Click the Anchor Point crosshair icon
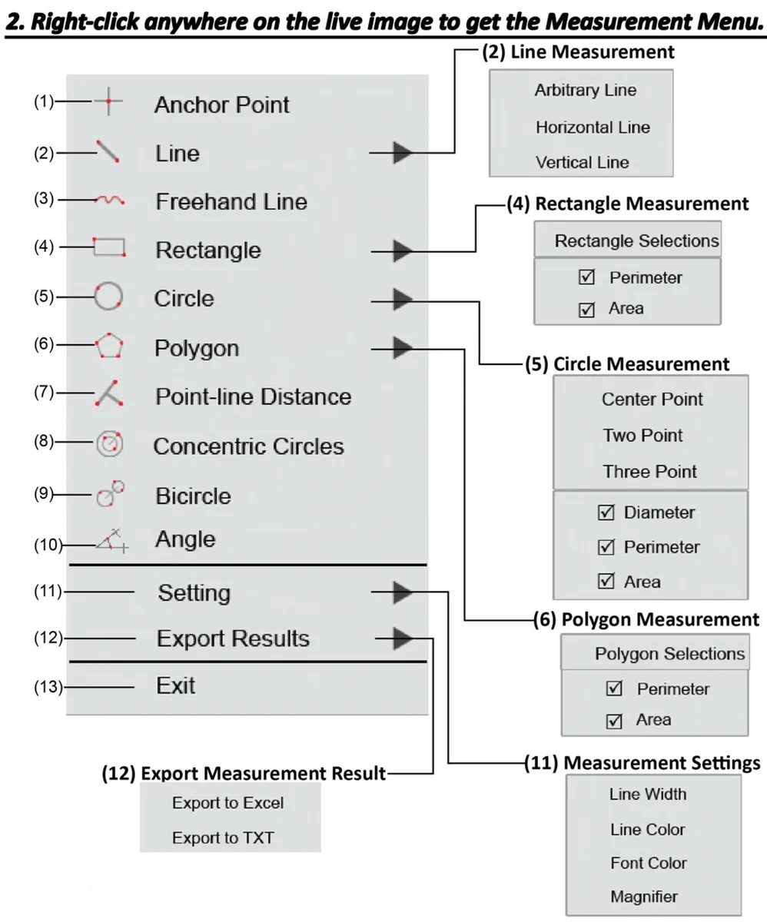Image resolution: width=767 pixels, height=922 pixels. tap(108, 101)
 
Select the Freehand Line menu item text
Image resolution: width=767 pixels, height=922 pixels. tap(231, 202)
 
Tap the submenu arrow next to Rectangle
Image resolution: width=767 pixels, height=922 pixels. tap(403, 251)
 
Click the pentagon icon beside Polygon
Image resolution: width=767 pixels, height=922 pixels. tap(109, 345)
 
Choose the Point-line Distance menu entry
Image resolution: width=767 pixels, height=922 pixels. tap(253, 396)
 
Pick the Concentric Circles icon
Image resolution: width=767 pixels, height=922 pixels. tap(110, 444)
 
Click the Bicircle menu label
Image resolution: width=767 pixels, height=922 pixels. tap(193, 496)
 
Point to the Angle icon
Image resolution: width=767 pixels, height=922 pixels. tap(112, 540)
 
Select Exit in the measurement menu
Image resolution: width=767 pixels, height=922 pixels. tap(175, 685)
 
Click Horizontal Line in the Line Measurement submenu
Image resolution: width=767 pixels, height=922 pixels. tap(593, 128)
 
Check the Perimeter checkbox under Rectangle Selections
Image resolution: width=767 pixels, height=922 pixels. tap(586, 277)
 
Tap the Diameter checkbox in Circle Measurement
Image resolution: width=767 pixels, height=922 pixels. tap(606, 512)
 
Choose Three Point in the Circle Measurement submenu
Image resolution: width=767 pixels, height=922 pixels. tap(650, 472)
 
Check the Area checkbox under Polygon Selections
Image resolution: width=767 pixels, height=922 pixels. tap(614, 721)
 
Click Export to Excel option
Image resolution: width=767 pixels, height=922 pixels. tap(228, 803)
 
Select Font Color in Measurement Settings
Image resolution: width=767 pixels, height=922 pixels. tap(649, 863)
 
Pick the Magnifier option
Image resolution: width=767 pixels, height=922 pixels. tap(644, 897)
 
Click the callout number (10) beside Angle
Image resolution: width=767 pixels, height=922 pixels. tap(48, 545)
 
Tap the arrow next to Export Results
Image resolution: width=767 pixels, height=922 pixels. tap(403, 638)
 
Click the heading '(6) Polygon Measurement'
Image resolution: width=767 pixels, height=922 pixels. tap(646, 619)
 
